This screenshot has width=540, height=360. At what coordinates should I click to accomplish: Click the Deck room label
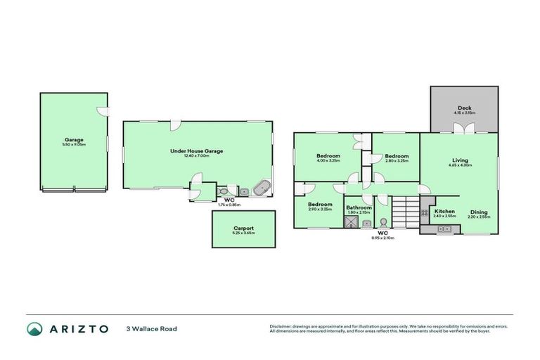tap(465, 108)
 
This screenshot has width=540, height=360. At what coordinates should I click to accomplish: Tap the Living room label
tap(461, 160)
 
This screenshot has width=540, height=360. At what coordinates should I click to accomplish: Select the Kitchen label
tap(444, 212)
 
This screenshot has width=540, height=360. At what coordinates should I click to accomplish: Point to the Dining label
tap(480, 212)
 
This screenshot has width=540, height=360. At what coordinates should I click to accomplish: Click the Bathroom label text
tap(359, 207)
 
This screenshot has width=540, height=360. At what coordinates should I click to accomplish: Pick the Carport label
tap(244, 228)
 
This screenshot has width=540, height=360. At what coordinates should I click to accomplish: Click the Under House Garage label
tap(190, 150)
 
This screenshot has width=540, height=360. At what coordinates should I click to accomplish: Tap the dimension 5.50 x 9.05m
tap(74, 144)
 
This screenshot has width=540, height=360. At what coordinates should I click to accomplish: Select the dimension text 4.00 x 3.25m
tap(328, 160)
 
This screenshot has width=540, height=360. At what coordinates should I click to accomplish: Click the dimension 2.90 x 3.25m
tap(320, 209)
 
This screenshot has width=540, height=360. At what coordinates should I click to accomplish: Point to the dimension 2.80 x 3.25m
tap(397, 160)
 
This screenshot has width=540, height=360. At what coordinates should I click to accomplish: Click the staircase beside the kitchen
tap(405, 211)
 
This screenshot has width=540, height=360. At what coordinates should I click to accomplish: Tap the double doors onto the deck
tap(462, 129)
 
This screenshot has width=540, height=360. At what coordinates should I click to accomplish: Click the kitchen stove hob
tap(425, 211)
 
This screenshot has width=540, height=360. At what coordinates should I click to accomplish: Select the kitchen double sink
tap(446, 229)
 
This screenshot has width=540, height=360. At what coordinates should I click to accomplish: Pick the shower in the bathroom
tap(351, 223)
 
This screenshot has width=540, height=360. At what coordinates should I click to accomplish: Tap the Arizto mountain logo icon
tap(34, 329)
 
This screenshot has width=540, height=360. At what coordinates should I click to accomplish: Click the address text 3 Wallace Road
tap(151, 329)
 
